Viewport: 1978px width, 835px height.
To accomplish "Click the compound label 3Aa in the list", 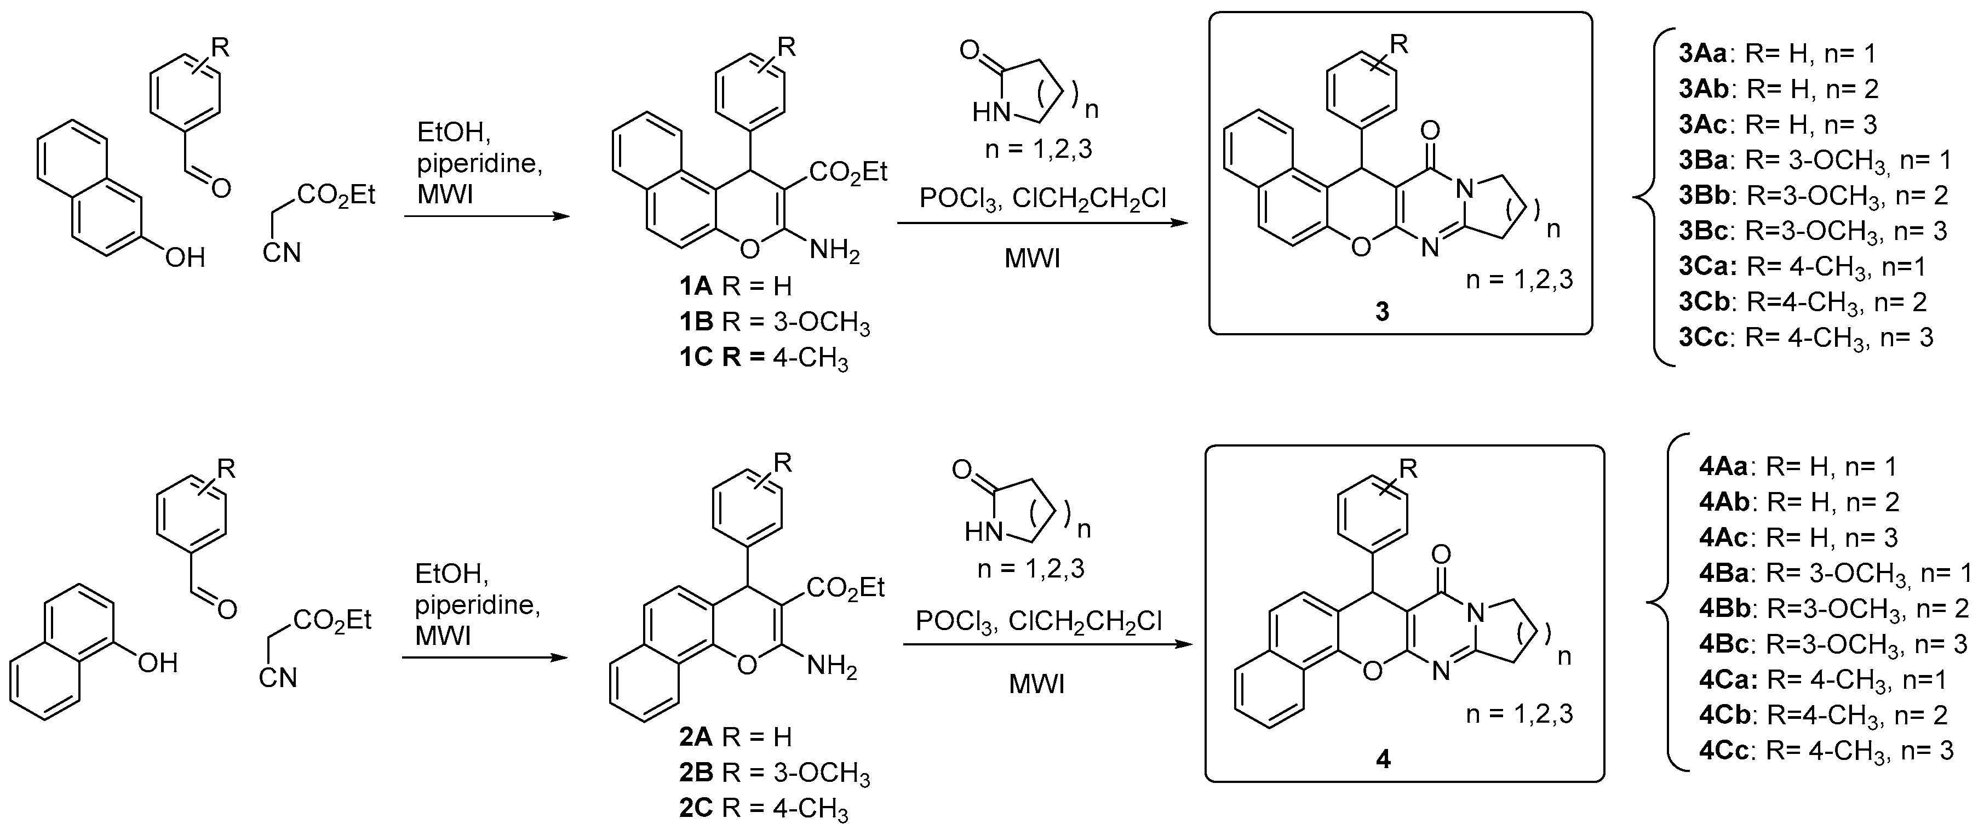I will pos(1701,54).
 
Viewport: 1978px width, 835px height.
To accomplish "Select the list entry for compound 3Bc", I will pos(1812,231).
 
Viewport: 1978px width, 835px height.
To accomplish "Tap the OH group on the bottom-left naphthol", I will pos(157,662).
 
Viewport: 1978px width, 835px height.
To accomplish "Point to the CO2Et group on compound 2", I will pos(845,588).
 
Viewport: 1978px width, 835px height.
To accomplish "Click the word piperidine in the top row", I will pos(480,164).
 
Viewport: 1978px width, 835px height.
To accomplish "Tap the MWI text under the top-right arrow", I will pos(1032,259).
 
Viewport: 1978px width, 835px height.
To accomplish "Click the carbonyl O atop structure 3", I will pos(1431,130).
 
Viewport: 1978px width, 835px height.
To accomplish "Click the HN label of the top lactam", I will pos(990,113).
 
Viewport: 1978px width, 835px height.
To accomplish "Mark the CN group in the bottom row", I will pos(278,678).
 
